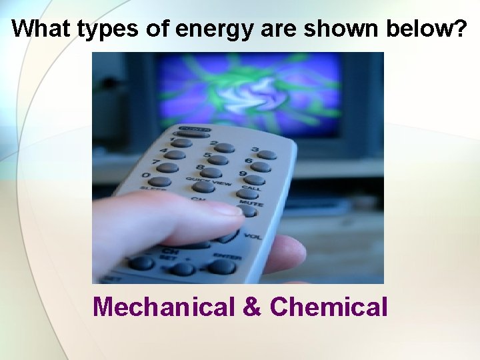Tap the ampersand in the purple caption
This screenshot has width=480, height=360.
click(252, 307)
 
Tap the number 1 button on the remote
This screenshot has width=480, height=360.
click(181, 142)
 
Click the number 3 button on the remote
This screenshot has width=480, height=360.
click(267, 155)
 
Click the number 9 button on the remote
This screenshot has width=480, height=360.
click(254, 179)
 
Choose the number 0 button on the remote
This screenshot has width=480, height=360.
click(159, 181)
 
